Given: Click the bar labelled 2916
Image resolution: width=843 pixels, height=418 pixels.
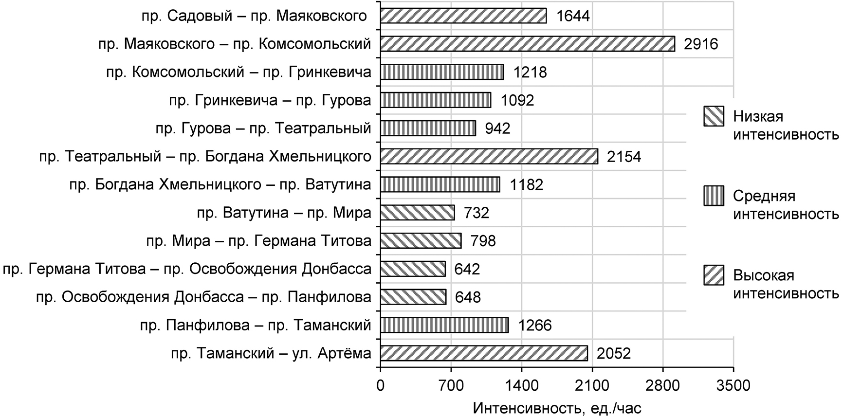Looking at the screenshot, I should coord(527,44).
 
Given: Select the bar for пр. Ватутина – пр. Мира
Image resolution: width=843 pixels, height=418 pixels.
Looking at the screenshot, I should coord(417,213).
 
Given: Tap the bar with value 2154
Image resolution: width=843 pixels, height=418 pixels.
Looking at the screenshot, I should coord(489,156).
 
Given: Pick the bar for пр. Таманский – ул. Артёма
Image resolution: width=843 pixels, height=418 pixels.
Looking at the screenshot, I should coord(483,353).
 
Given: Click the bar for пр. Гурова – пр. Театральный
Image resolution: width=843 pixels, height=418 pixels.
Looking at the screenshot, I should coord(428,128).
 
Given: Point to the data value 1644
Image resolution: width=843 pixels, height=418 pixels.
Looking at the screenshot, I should coord(573,16).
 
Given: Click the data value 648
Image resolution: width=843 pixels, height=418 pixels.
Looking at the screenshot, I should coord(468,297).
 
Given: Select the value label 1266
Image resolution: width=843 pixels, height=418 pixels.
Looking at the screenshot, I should coord(535,325).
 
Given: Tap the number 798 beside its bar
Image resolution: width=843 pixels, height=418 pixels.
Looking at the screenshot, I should coord(483,241).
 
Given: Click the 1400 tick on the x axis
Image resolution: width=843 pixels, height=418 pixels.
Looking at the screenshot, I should coord(521,386).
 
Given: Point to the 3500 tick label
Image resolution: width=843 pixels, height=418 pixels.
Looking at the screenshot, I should coord(733,386).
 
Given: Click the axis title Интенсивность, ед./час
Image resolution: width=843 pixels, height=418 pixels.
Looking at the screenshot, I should coord(557,408).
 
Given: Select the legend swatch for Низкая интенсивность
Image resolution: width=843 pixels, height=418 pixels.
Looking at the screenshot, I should coord(714,117).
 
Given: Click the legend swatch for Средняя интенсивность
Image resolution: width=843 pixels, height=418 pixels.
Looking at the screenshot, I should coord(714,196).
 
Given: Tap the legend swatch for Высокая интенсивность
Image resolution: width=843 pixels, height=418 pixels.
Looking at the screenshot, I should coord(714,275).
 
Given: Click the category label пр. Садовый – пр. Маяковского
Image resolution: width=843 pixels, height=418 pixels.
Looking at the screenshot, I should coord(254,16).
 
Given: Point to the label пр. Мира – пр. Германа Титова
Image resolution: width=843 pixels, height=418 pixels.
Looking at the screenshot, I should coord(258,241).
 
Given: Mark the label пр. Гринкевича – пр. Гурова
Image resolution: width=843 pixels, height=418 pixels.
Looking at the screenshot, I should coord(270,100).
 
